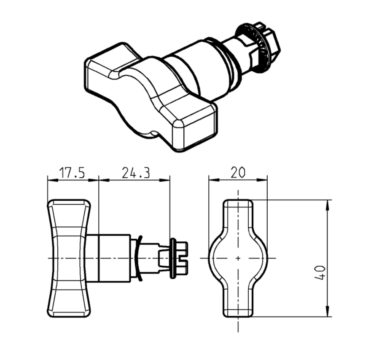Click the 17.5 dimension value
coord(72,173)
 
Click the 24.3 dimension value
coord(136,173)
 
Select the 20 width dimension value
coord(238,172)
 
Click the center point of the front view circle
coord(238,258)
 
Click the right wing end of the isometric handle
coord(194,126)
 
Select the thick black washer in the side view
coord(173,258)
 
